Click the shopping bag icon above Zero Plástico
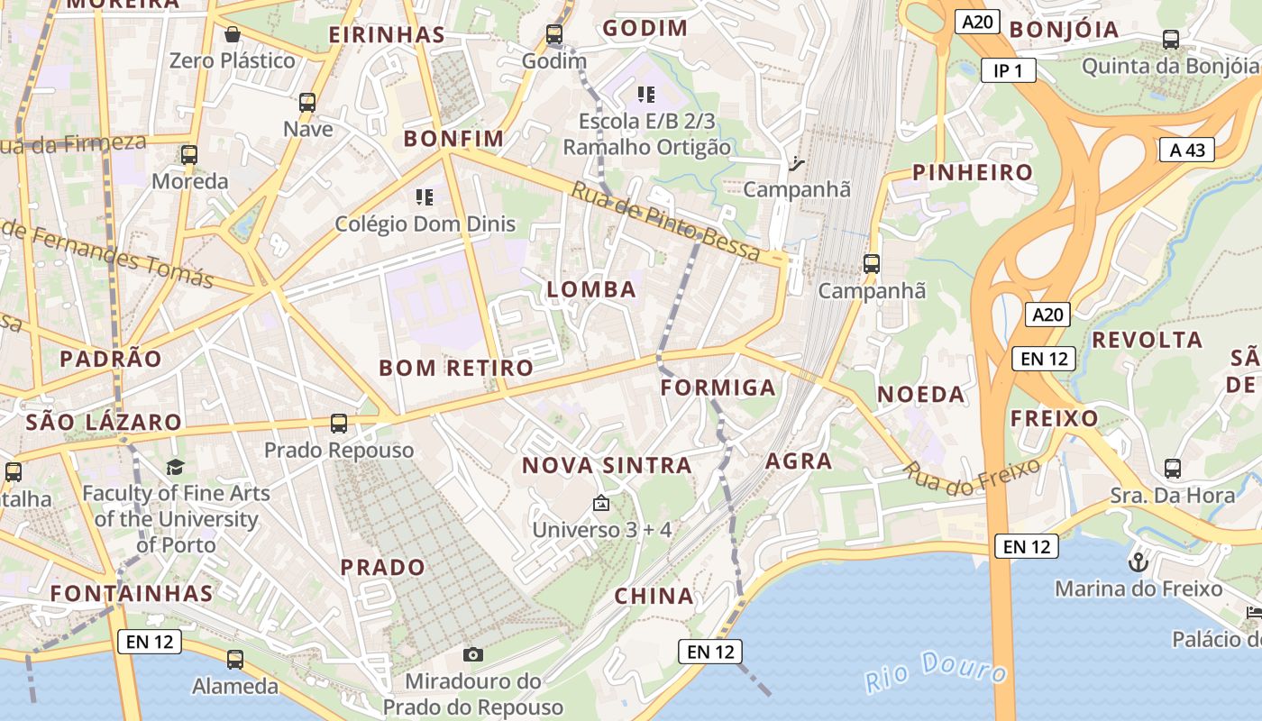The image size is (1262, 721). (233, 35)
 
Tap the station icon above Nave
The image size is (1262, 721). (307, 103)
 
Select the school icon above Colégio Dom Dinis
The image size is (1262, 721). (425, 196)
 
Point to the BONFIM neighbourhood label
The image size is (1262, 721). (453, 139)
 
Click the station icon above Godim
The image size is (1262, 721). (554, 35)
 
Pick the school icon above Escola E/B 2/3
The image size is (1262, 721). (645, 94)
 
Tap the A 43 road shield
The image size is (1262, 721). (1187, 150)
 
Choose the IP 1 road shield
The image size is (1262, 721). (1009, 70)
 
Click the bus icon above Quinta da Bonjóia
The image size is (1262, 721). (1170, 40)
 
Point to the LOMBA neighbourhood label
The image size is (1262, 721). (591, 289)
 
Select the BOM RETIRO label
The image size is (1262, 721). (456, 368)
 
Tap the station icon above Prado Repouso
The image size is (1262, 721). (339, 423)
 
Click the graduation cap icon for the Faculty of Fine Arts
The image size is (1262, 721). (175, 467)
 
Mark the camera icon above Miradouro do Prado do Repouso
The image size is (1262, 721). (472, 654)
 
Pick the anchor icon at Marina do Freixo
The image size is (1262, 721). (1138, 563)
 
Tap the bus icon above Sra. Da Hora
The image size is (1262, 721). (1172, 469)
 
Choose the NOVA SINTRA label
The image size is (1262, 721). (608, 466)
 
